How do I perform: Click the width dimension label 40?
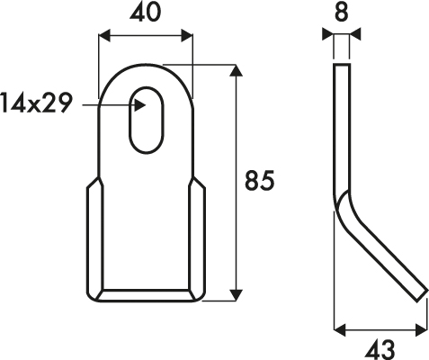point(146,13)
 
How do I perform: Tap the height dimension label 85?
point(260,181)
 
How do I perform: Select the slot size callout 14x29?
point(37,103)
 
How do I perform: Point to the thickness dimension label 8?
point(341,13)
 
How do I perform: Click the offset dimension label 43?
point(380,349)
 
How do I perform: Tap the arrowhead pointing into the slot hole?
point(139,105)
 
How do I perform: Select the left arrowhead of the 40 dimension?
point(104,35)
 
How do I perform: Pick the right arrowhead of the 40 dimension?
point(186,35)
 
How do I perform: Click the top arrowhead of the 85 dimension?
point(237,70)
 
